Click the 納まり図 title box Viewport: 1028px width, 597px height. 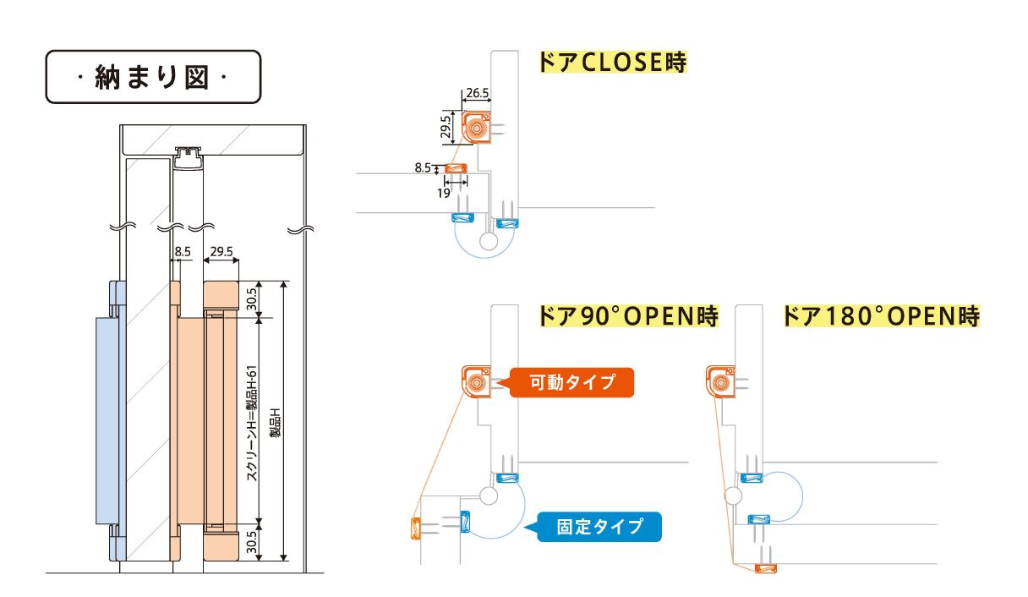[x=153, y=77]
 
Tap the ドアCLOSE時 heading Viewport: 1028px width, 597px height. [x=612, y=63]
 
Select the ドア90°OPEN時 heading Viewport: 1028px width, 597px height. [x=628, y=317]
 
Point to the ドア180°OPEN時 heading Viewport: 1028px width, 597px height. [x=882, y=317]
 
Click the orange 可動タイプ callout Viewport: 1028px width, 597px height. [x=571, y=382]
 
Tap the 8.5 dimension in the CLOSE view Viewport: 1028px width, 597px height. [x=423, y=168]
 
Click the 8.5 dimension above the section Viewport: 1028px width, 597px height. [x=183, y=252]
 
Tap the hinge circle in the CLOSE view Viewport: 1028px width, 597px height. [x=488, y=241]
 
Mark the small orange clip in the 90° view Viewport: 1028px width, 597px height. [x=415, y=529]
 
